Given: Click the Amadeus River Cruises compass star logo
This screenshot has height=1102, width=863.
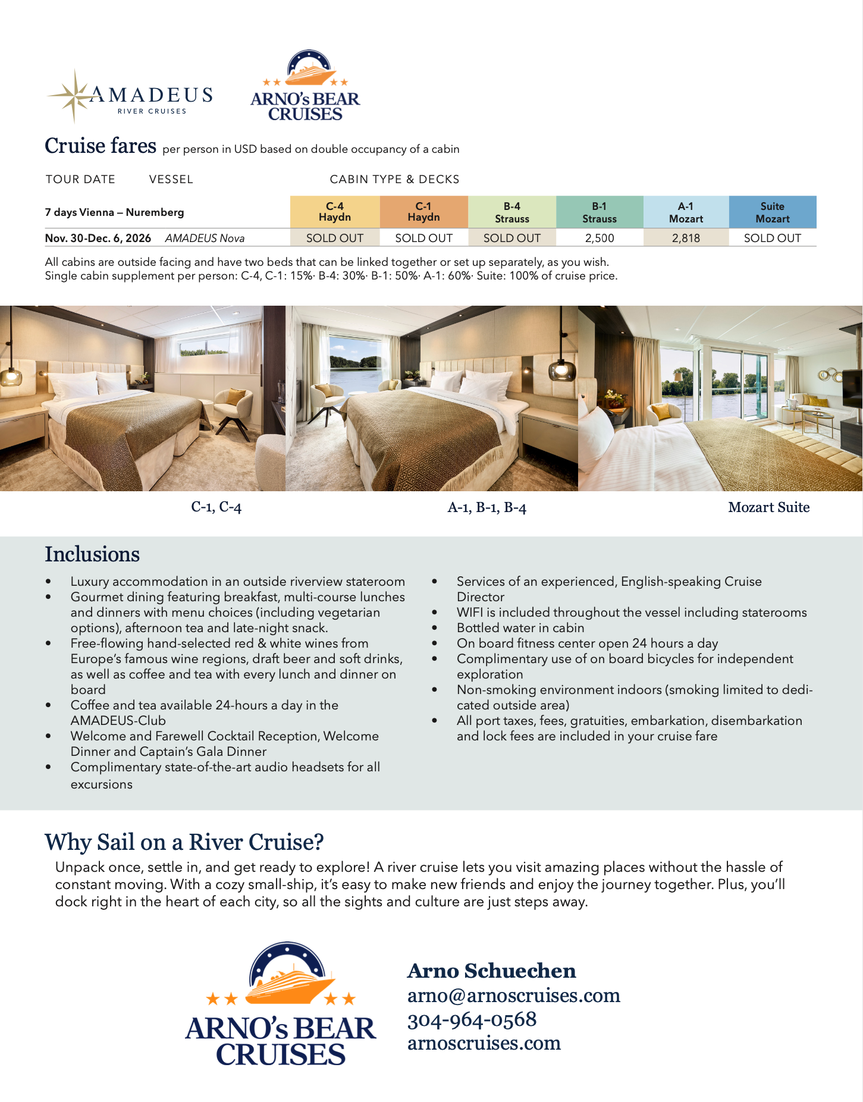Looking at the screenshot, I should pos(74,96).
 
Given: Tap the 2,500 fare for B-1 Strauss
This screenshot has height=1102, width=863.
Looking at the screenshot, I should pos(599,238).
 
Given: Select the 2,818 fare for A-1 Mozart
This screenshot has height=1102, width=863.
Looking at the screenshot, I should pos(686,238).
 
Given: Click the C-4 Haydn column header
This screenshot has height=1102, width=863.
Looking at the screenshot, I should pos(335,212).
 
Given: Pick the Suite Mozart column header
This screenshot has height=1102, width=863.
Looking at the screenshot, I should pos(772,212).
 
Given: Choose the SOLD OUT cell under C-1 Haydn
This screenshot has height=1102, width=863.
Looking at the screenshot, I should pos(423,238).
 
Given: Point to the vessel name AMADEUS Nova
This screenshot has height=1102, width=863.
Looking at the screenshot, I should pos(205,238).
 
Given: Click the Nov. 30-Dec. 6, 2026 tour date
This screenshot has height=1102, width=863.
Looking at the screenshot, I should pos(98,238).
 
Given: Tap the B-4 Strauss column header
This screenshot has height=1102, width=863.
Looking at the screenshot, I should pos(511,212).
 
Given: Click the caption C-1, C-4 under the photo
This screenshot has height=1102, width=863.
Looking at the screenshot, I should pos(216,507).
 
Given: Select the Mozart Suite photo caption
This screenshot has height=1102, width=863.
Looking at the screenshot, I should pos(768,507).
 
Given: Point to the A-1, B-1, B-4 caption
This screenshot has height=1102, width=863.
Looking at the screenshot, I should pos(487,508).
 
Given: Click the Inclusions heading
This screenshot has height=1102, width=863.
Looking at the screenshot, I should pos(92,554).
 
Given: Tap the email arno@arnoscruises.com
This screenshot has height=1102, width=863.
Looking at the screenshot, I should pos(513,996).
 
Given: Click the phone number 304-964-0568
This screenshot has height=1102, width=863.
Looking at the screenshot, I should pos(472,1019).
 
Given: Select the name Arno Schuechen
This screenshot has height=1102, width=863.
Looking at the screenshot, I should pos(491,971).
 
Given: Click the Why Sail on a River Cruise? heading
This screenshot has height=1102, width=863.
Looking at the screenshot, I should pos(184,842).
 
